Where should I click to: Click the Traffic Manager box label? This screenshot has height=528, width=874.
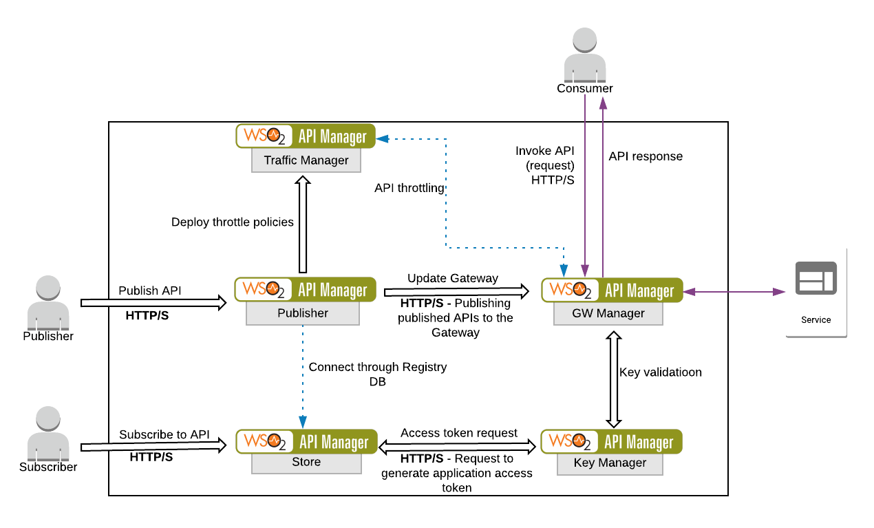[306, 160]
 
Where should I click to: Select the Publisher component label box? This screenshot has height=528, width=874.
[303, 313]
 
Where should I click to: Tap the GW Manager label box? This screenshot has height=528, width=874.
[608, 313]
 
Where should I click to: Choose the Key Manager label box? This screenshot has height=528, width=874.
[610, 463]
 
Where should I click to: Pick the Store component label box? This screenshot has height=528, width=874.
[306, 462]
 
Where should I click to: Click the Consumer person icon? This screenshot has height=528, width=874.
[584, 55]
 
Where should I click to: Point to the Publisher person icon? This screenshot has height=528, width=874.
[47, 303]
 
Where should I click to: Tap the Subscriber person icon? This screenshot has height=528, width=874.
[47, 434]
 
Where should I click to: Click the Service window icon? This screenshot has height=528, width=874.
[816, 277]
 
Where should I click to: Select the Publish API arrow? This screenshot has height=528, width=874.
[153, 302]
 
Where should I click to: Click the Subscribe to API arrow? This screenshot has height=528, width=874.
[153, 447]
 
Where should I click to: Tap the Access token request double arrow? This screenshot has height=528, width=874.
[458, 447]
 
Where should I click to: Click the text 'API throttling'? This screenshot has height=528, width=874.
[409, 188]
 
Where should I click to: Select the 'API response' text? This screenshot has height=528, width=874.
[646, 156]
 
